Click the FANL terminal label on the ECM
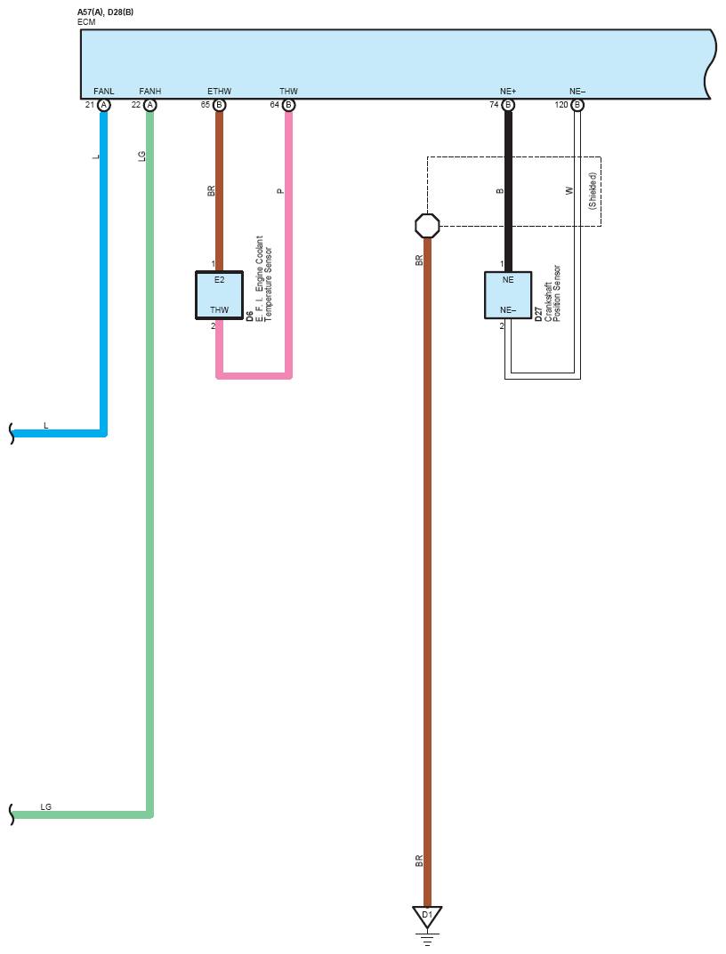[104, 92]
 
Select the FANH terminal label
[150, 92]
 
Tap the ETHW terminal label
[219, 92]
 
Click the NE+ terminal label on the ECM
[508, 92]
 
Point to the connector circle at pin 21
[104, 105]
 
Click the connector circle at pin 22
[150, 105]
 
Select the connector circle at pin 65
[219, 105]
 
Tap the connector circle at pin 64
[288, 105]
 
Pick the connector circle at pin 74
[508, 105]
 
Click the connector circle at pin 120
[577, 105]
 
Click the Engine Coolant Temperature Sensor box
[219, 295]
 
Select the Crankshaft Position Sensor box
[508, 295]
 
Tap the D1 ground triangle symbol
[427, 916]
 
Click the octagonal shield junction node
[427, 226]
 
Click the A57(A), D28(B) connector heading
[106, 12]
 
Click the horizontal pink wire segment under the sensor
[254, 375]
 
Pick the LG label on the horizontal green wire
[46, 807]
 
